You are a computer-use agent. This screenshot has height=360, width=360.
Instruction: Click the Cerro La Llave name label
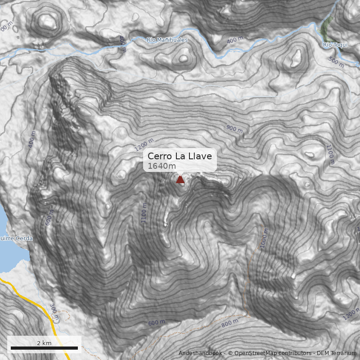pos(180,156)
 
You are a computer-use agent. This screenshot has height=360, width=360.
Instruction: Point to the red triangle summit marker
pos(180,180)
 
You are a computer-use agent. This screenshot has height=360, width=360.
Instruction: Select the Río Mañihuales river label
pos(167,40)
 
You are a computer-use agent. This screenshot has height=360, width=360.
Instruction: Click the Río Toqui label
pos(333,45)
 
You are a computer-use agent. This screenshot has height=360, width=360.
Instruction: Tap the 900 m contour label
pos(234,129)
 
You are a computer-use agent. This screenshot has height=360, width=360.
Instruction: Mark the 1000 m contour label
pos(264,238)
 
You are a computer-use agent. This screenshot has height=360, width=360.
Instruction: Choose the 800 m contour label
pos(230,322)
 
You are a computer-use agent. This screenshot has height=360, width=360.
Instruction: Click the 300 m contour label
pos(54,312)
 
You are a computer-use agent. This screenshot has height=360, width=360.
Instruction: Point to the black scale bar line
pos(44,348)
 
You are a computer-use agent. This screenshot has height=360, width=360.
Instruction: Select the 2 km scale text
pos(44,343)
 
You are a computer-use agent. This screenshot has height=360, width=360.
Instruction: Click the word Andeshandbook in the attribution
pos(200,353)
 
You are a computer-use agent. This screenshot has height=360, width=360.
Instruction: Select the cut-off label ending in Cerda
pos(16,238)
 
